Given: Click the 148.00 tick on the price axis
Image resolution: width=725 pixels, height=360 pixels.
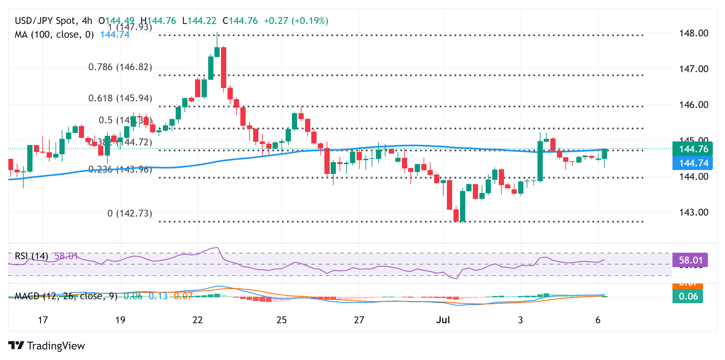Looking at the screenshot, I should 693,33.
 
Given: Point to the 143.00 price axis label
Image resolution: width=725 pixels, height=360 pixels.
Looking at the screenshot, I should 693,212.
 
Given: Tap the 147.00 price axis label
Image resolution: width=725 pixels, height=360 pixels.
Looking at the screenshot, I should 693,69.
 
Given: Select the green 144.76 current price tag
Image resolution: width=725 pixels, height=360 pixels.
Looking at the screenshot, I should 693,149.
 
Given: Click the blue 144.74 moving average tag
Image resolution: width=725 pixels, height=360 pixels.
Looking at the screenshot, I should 693,163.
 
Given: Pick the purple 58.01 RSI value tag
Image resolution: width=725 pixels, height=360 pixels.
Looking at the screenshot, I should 690,260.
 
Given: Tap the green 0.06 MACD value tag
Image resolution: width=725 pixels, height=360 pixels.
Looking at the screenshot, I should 688,296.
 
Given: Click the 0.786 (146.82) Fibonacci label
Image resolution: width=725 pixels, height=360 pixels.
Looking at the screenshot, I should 120,67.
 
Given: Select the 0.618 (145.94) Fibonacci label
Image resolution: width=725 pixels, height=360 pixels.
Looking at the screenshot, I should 120,98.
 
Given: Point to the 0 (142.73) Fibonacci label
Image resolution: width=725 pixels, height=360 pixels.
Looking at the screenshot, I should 130,213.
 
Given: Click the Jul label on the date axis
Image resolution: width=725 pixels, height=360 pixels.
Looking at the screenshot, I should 443,320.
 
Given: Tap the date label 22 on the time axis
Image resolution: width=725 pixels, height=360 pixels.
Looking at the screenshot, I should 197,320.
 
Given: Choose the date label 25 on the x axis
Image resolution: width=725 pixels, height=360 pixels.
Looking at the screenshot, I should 281,320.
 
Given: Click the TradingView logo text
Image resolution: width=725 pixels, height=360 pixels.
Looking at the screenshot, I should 56,346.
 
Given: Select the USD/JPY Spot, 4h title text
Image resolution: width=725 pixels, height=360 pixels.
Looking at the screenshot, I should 54,21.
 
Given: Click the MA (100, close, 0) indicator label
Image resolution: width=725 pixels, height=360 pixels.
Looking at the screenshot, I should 54,34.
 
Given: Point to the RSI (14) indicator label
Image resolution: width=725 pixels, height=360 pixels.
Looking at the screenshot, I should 32,256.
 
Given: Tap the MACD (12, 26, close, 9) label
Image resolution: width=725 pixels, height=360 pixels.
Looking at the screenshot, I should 66,296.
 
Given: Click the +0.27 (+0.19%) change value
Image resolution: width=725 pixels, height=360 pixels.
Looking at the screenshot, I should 296,21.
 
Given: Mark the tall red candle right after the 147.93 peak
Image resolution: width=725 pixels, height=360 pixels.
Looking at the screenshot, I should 224,67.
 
